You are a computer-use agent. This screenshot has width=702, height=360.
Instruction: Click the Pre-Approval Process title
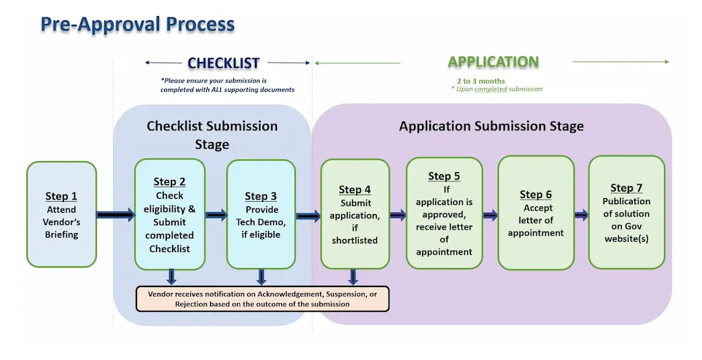(138, 24)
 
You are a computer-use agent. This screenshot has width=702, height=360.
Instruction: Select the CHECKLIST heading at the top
(223, 63)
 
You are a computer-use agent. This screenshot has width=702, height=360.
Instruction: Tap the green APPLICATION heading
(493, 62)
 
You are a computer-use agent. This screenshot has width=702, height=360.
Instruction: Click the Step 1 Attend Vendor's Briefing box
(62, 214)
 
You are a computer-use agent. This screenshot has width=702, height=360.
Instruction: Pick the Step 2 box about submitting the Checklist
(170, 214)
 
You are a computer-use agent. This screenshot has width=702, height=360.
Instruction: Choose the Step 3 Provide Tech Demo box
(261, 214)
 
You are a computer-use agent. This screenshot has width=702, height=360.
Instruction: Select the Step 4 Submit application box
(355, 214)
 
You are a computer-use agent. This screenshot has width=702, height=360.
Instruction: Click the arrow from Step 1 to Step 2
(115, 215)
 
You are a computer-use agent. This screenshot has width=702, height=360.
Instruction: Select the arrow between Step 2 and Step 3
(217, 215)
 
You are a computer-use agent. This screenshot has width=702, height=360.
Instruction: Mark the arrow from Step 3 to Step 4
(308, 216)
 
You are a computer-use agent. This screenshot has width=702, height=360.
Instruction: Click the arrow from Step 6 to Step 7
(581, 215)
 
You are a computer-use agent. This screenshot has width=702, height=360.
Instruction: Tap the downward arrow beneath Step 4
(353, 277)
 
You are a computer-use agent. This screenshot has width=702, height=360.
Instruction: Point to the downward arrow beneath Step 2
(172, 277)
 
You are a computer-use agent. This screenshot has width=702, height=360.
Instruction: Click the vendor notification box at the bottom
(263, 298)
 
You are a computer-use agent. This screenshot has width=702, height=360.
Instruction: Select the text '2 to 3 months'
(480, 81)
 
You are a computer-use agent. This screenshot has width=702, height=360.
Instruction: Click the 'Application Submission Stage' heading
(491, 126)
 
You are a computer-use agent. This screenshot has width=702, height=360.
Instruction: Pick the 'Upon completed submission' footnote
(497, 89)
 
